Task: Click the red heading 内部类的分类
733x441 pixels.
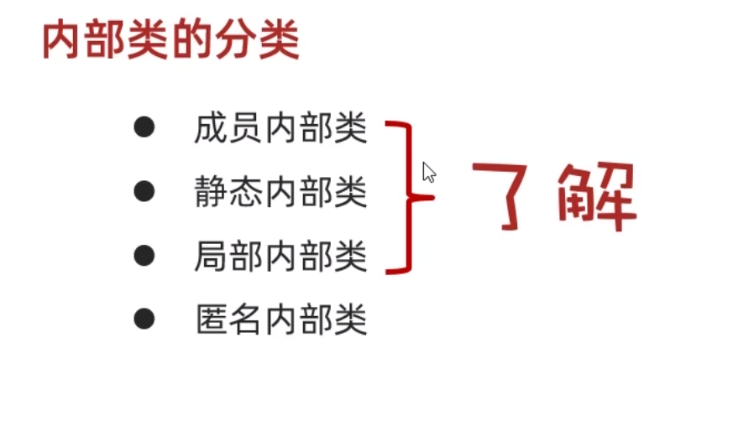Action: pyautogui.click(x=170, y=40)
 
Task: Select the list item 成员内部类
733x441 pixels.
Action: pyautogui.click(x=280, y=130)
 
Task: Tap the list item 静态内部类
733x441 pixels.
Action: pyautogui.click(x=280, y=193)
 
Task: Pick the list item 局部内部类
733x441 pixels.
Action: pyautogui.click(x=280, y=256)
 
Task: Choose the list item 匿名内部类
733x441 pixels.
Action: pyautogui.click(x=280, y=319)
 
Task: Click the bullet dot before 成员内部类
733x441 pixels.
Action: pyautogui.click(x=144, y=127)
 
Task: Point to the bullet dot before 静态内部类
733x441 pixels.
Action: pyautogui.click(x=144, y=191)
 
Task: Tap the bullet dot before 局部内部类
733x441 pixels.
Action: pyautogui.click(x=144, y=254)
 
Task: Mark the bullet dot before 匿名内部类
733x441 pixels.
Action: pyautogui.click(x=144, y=318)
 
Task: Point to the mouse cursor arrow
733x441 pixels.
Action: pyautogui.click(x=428, y=172)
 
